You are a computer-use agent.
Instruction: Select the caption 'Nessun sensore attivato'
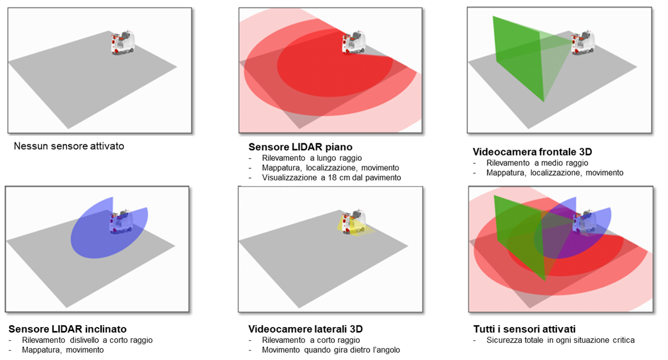click(69, 146)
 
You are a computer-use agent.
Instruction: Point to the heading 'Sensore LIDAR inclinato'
click(68, 329)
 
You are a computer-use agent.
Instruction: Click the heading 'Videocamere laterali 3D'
click(306, 329)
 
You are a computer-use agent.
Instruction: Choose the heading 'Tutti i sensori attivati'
click(524, 329)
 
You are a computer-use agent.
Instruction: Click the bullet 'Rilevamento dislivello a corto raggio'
click(87, 340)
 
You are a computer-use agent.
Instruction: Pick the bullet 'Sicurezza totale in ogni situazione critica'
click(560, 340)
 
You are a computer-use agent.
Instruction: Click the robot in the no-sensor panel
click(122, 43)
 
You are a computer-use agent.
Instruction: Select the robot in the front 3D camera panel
click(582, 43)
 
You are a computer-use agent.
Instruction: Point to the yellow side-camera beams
click(345, 226)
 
